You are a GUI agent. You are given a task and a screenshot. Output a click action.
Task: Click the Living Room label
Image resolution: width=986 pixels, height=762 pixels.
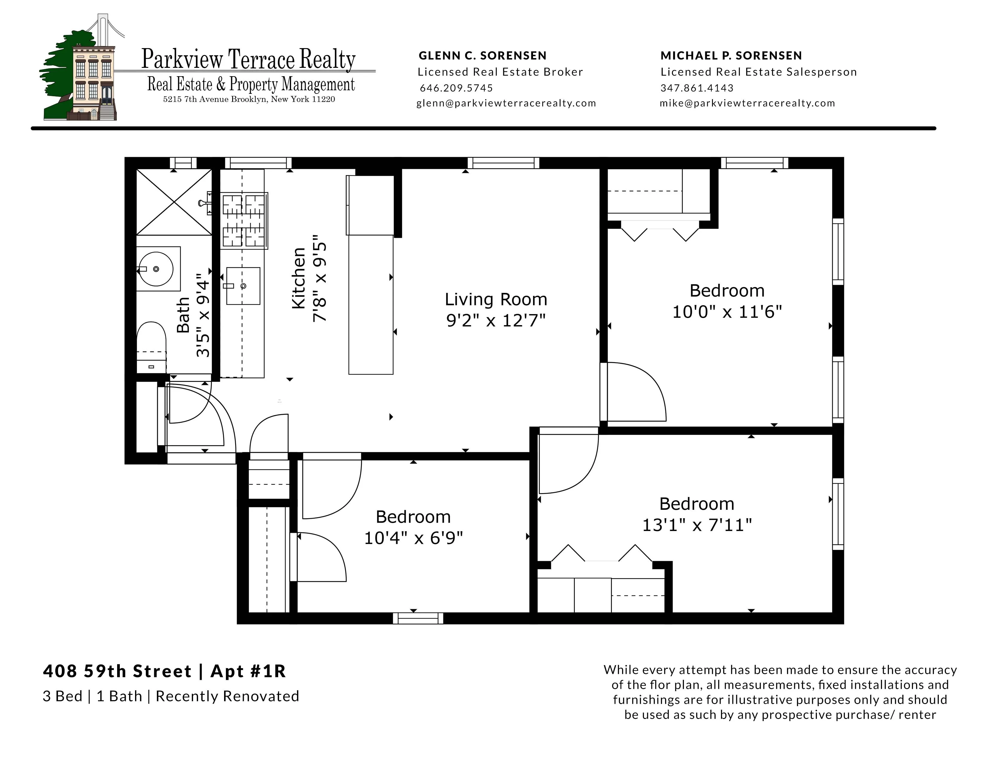click(496, 300)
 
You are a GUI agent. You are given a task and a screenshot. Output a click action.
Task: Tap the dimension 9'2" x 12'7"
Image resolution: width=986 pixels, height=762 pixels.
click(496, 321)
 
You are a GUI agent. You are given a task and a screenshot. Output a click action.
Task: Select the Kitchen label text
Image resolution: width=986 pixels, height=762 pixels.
click(299, 278)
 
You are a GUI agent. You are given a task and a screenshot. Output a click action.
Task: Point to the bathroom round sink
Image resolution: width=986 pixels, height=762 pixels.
click(155, 269)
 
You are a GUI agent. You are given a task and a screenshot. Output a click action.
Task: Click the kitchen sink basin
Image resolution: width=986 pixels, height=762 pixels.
click(243, 286)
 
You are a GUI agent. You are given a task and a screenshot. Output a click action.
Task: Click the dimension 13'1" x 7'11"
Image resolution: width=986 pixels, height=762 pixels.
click(696, 525)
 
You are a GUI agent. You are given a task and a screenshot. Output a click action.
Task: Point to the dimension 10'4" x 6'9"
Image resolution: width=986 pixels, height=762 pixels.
click(413, 538)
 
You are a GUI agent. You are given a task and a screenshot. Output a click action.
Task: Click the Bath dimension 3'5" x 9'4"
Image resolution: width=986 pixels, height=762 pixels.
click(203, 318)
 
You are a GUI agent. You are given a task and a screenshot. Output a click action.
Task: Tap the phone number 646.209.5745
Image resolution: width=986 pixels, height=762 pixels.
click(456, 88)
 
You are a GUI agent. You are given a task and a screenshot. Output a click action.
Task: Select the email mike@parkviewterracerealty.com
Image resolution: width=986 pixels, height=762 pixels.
click(747, 103)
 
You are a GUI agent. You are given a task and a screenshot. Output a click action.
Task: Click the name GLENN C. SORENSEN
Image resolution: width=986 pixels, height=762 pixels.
click(482, 56)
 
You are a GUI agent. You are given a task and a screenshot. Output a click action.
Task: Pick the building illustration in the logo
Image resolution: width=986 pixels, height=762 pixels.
click(93, 81)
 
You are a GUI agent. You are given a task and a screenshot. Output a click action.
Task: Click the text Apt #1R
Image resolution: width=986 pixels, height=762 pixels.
click(248, 671)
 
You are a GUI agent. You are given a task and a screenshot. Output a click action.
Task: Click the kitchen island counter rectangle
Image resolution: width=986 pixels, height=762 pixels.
click(371, 305)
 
